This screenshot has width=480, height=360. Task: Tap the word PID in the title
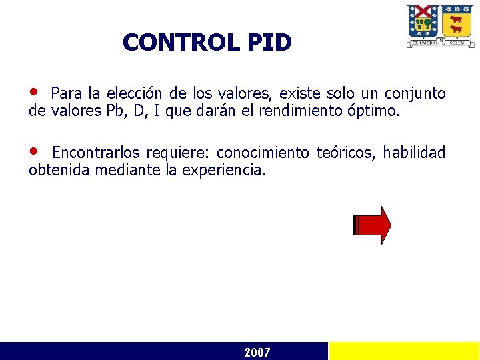269,43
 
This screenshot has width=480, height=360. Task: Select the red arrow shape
373,225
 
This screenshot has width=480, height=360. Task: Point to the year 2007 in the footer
257,352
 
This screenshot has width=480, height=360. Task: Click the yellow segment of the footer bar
404,351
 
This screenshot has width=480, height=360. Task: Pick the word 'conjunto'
417,93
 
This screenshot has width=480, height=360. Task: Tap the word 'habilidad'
414,153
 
